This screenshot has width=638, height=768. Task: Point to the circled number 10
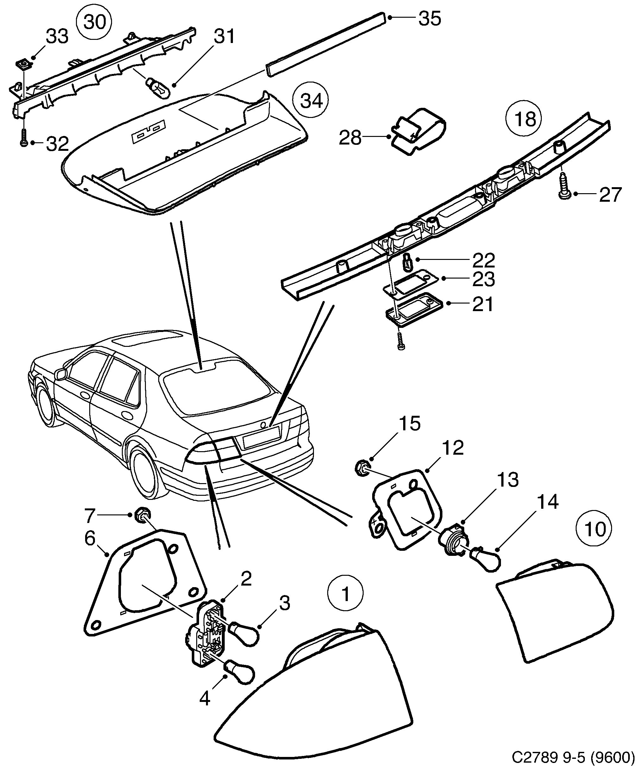pyautogui.click(x=593, y=529)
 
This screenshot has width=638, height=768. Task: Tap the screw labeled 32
pyautogui.click(x=23, y=138)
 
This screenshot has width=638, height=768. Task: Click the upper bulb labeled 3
pyautogui.click(x=244, y=636)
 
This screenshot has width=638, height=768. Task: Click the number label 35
pyautogui.click(x=430, y=18)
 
